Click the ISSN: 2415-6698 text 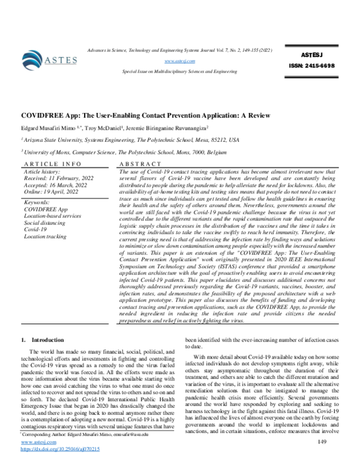coord(313,65)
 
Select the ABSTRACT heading coord(141,163)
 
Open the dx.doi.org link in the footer coord(60,449)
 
